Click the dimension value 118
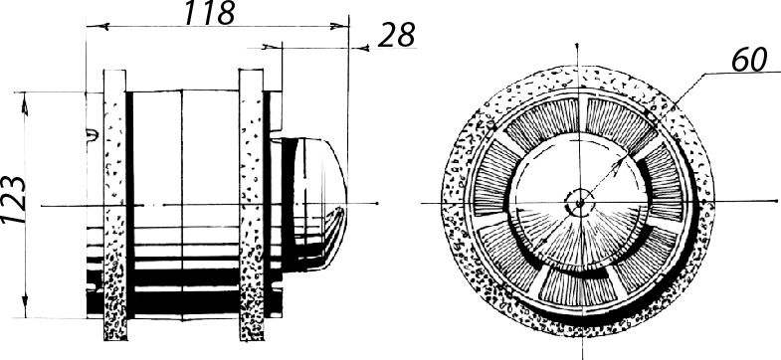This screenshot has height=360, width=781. (209, 13)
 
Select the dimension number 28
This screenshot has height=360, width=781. (397, 36)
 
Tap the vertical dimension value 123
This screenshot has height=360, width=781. (14, 199)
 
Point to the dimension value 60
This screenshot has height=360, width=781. (749, 60)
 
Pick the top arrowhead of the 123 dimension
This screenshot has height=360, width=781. (25, 103)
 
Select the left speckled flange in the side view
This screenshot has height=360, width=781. (115, 205)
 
